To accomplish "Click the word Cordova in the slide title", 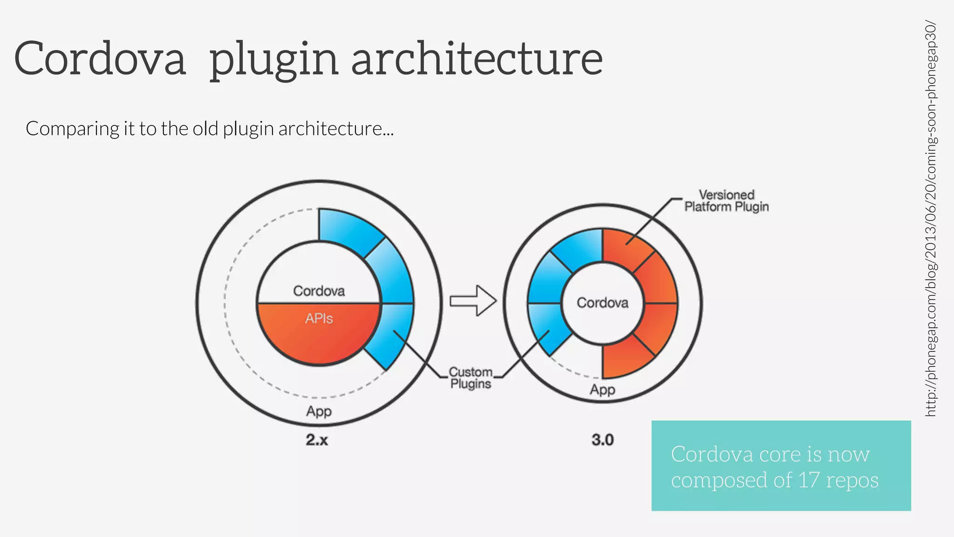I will click(x=100, y=59).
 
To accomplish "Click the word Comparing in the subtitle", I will click(x=72, y=129).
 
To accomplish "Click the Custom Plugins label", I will click(x=470, y=378).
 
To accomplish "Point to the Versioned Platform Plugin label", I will click(x=726, y=201).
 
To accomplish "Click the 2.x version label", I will click(x=317, y=440).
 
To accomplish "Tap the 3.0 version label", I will click(x=602, y=440).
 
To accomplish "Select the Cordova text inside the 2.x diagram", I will click(x=319, y=291).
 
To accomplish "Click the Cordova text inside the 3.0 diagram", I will click(x=602, y=303).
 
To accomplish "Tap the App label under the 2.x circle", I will click(x=319, y=412).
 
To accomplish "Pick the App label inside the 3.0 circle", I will click(x=602, y=390).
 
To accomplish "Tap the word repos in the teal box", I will click(x=852, y=480).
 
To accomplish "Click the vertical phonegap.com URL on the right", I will click(x=930, y=219).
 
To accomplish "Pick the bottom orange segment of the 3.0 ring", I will click(x=622, y=359).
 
